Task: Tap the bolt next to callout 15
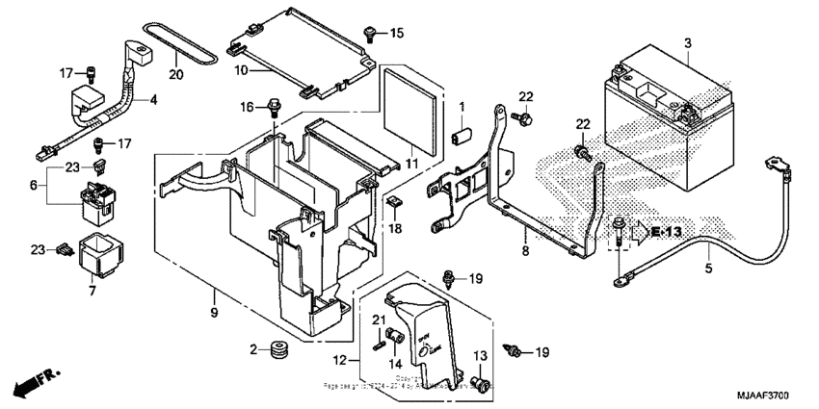click(x=369, y=34)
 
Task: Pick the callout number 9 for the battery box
click(x=214, y=312)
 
